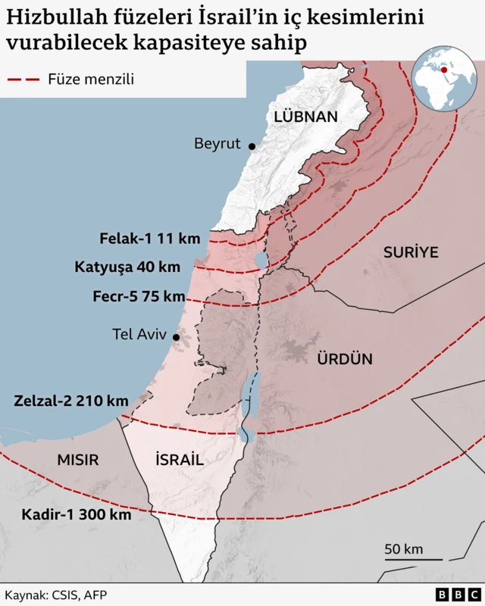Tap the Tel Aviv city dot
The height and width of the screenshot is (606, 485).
[176, 337]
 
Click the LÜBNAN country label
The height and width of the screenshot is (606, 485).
[305, 117]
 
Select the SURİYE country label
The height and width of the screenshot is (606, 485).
[411, 252]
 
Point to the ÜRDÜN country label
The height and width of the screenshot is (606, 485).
[345, 359]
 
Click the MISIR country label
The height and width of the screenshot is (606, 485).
[78, 460]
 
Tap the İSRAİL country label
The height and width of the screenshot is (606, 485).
[179, 459]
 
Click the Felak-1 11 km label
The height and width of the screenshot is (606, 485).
[150, 239]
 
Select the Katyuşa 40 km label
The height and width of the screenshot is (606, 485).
[127, 267]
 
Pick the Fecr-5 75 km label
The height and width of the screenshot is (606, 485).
[139, 296]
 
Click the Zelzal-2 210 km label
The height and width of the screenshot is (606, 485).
[70, 400]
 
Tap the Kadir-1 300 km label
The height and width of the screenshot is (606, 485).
[77, 514]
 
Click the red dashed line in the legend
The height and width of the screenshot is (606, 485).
[23, 79]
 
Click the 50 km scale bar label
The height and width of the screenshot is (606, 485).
[403, 549]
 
